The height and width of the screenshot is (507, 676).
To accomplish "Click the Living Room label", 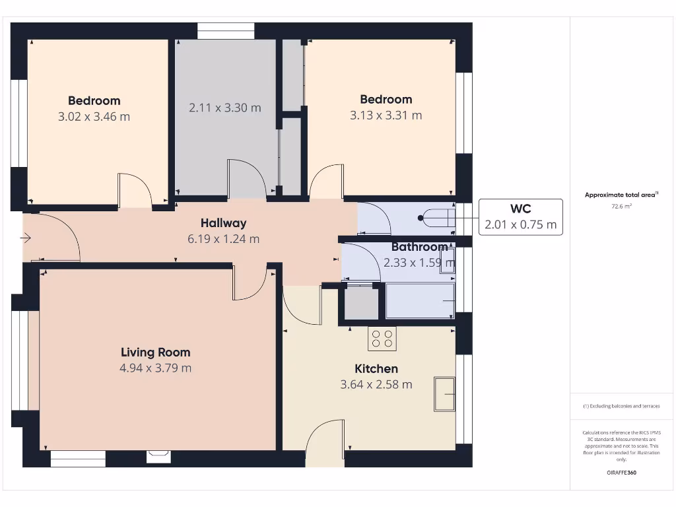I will (155, 353).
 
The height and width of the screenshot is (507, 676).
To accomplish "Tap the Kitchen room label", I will (376, 368).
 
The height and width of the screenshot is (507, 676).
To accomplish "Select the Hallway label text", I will (223, 223).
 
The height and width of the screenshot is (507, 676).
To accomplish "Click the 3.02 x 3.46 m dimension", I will (94, 117).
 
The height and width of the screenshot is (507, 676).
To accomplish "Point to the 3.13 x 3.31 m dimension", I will (386, 116).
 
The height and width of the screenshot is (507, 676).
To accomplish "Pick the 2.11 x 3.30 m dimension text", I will (224, 108).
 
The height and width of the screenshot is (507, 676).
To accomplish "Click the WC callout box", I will (520, 217).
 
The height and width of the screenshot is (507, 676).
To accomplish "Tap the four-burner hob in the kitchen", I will (382, 339).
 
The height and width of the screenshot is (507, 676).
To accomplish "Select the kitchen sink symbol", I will (444, 394).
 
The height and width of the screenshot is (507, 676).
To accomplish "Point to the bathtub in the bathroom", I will (420, 301).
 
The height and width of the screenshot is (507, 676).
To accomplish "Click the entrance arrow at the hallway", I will (26, 238).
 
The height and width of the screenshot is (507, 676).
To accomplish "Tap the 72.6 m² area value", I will (621, 207).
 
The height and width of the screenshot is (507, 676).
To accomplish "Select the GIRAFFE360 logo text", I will (621, 473).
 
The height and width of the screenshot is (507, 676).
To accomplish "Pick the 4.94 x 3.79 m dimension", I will (155, 368).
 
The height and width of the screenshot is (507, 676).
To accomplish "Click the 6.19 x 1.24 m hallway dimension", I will (223, 239).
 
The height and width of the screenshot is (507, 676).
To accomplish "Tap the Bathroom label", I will (419, 247).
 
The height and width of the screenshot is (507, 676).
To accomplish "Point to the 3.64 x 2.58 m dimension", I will (376, 384).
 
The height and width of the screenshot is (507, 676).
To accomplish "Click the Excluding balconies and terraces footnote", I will (621, 406).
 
